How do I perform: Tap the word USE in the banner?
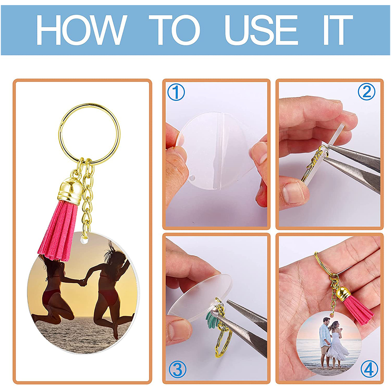[x=261, y=30]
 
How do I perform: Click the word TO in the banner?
[x=174, y=30]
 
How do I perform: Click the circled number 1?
[x=176, y=92]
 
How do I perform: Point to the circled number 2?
[x=367, y=91]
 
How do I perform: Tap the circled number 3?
[x=178, y=369]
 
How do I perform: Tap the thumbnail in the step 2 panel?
[x=294, y=192]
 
